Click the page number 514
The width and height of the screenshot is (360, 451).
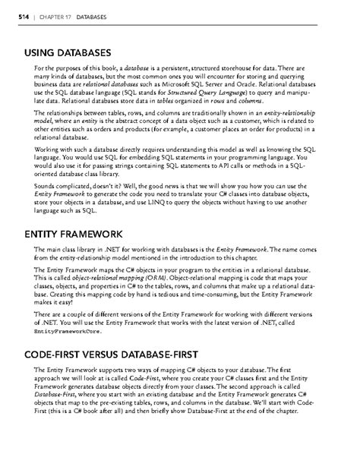(13, 16)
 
